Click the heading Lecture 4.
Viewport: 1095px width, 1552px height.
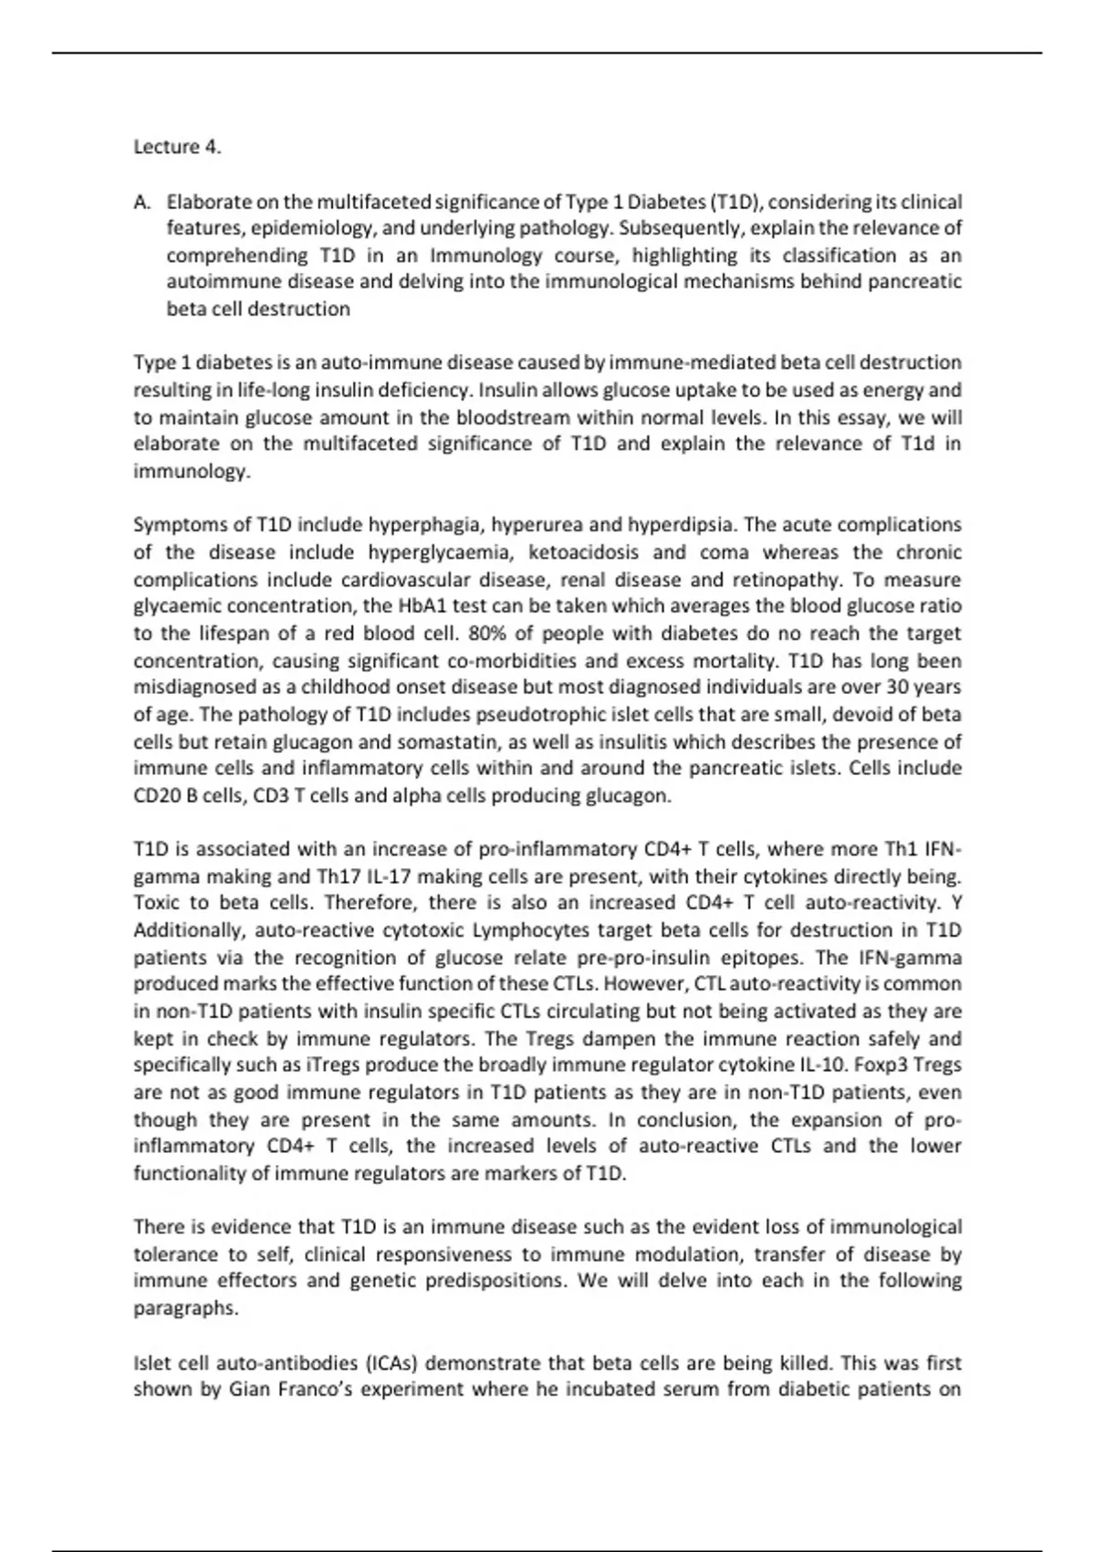177,147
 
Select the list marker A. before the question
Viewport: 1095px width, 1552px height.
142,202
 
